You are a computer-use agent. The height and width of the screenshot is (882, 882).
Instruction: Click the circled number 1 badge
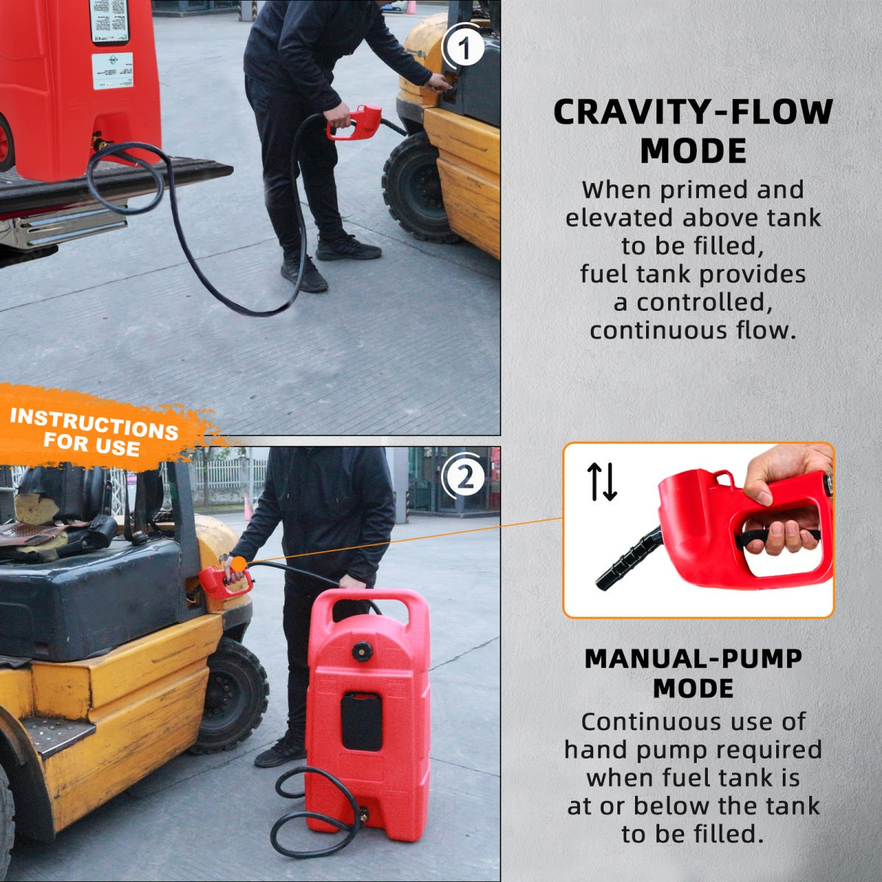pos(463,49)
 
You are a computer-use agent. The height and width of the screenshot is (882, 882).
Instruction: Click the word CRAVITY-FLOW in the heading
pos(692,112)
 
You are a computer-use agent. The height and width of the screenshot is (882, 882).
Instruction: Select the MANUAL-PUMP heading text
pos(692,659)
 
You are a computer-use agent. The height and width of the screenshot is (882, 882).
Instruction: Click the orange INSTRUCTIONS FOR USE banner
pos(96,429)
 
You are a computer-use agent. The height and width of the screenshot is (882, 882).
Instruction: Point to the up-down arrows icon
pos(602,482)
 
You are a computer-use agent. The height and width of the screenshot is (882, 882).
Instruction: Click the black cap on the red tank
pos(362,650)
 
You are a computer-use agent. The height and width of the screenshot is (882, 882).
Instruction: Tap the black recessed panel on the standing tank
pos(361,720)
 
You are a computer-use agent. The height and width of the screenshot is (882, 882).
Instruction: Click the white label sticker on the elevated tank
pos(112,70)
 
